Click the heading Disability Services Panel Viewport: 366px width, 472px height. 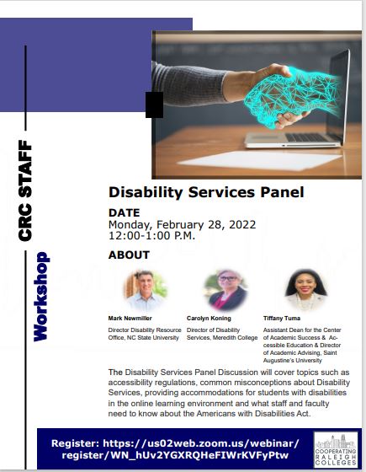pos(206,192)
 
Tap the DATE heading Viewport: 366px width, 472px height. pos(125,212)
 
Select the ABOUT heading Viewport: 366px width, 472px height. pos(129,255)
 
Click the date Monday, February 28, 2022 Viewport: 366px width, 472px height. pos(182,224)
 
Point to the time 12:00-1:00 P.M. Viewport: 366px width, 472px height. pos(151,235)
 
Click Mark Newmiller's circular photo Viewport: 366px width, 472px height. pos(146,290)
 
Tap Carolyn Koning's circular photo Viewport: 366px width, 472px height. pos(226,290)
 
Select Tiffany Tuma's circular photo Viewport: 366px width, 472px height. pos(305,290)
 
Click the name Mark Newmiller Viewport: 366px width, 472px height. pos(130,319)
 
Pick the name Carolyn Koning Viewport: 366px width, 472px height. pos(209,319)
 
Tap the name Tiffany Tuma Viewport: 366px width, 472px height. pos(282,319)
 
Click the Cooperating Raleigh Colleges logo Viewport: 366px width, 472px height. pos(336,450)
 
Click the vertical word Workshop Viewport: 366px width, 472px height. pos(41,297)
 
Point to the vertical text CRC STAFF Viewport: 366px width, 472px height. pos(25,190)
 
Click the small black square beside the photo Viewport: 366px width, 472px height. pos(155,105)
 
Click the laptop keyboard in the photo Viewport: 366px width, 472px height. pos(306,137)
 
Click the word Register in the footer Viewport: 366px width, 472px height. pos(75,443)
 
